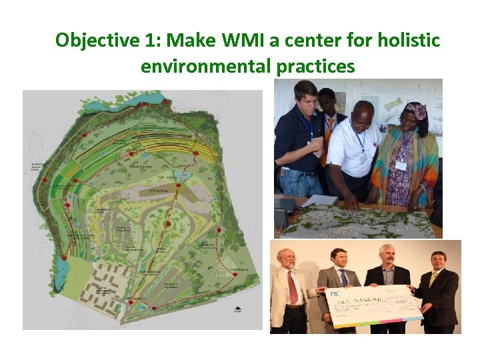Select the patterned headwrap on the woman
tap(415, 110)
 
